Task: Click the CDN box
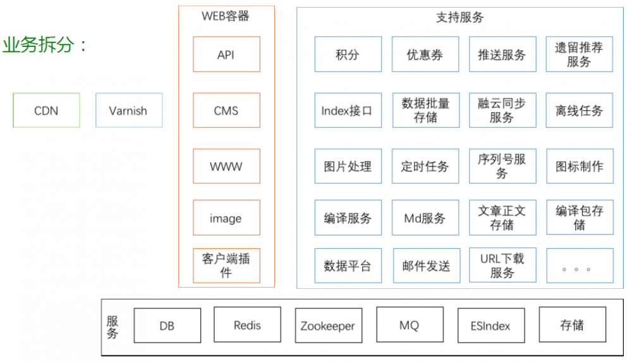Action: click(46, 111)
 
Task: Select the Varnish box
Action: click(128, 111)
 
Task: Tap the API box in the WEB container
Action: click(226, 54)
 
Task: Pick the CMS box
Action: click(226, 111)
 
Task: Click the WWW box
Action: click(226, 167)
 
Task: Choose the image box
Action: click(226, 218)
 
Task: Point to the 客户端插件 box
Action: click(226, 265)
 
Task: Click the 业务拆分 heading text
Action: click(44, 46)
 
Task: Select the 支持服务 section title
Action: click(459, 18)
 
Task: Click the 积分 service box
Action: click(348, 54)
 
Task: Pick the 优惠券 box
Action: click(425, 54)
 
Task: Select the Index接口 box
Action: click(348, 111)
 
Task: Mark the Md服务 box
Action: click(425, 218)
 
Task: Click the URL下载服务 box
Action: click(502, 265)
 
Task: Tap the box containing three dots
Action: click(579, 265)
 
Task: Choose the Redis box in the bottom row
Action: click(247, 326)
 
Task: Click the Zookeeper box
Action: click(328, 326)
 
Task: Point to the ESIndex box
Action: click(491, 326)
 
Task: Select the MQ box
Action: click(410, 326)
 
